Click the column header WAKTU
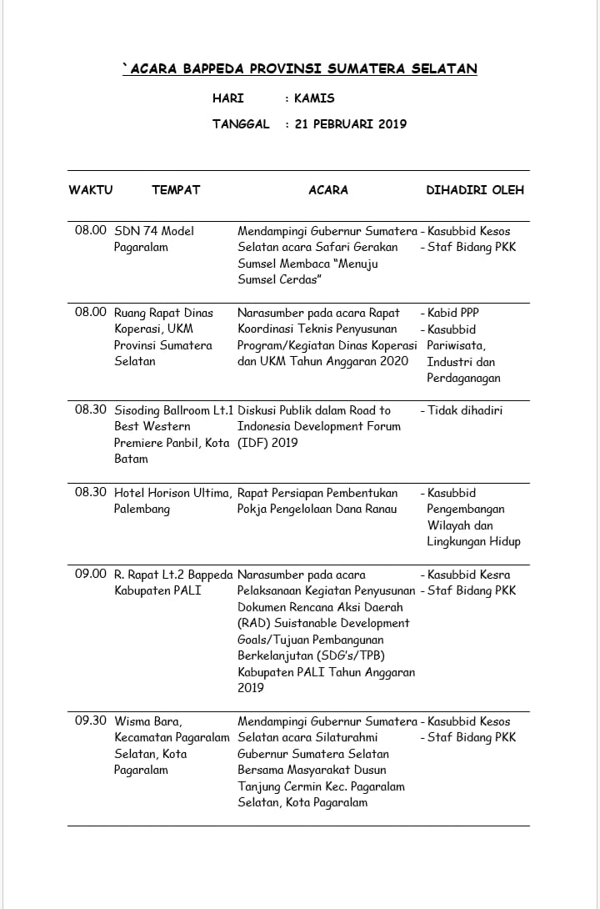click(x=90, y=190)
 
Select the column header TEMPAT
click(x=176, y=190)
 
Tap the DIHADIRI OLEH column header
click(x=475, y=190)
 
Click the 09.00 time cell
click(x=91, y=575)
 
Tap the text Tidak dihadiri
click(x=465, y=410)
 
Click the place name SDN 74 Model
click(x=154, y=231)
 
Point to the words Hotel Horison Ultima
click(x=172, y=493)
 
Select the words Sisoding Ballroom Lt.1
click(x=174, y=410)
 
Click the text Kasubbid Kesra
click(x=468, y=575)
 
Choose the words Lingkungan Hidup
click(x=473, y=542)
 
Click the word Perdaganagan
click(x=464, y=378)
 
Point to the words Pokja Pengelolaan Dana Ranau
click(x=317, y=510)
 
